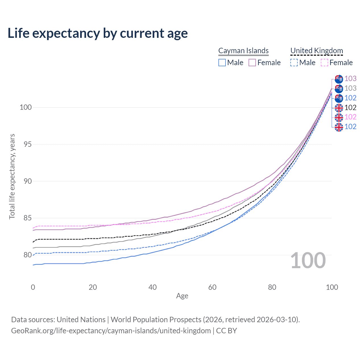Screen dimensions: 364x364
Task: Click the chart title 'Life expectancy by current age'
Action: pos(98,33)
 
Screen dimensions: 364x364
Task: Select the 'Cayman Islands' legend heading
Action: pos(243,51)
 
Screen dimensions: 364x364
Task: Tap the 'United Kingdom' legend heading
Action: pos(317,51)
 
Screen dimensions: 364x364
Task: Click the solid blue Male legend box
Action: pos(222,63)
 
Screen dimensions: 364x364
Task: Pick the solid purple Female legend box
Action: pos(252,63)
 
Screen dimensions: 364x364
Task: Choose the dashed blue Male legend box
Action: pos(294,63)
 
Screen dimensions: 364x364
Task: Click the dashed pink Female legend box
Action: pos(324,63)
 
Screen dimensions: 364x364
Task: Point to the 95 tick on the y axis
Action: pos(28,144)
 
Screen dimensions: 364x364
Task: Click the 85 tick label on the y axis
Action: pos(28,218)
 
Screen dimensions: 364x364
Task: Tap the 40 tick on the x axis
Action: pos(152,287)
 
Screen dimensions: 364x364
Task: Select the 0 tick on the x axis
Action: pos(33,287)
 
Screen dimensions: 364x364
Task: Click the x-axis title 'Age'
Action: pos(182,296)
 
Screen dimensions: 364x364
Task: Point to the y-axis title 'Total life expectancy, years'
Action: pos(12,177)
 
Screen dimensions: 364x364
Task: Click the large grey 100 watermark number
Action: pos(308,260)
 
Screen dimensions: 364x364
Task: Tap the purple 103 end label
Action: pos(350,78)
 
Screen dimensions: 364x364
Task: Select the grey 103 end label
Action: pos(350,88)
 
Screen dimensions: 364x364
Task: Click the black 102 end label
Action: pos(350,107)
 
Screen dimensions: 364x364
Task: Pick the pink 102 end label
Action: pos(350,117)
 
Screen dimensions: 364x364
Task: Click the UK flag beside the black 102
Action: pos(339,108)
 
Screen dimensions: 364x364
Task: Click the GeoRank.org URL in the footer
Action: pos(111,331)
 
